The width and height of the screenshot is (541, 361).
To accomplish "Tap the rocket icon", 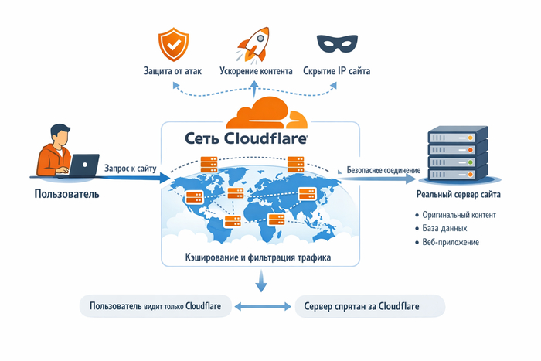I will tap(254, 43).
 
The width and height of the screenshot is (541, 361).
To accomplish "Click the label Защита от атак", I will tap(173, 71).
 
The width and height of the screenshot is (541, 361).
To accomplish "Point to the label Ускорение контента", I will tap(255, 71).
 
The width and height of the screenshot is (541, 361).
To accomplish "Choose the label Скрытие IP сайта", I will tap(336, 71).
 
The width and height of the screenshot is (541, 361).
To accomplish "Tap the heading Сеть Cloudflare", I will tap(247, 139).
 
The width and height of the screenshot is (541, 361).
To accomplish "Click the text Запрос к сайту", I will tap(130, 166).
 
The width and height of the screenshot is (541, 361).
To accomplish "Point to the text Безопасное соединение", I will tap(383, 169).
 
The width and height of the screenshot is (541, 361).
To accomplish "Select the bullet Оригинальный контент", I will tap(458, 214).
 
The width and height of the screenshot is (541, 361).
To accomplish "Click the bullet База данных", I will tap(446, 228).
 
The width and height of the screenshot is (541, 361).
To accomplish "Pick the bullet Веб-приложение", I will tap(451, 242).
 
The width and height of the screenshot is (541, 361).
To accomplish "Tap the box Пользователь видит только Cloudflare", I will tap(155, 307).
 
